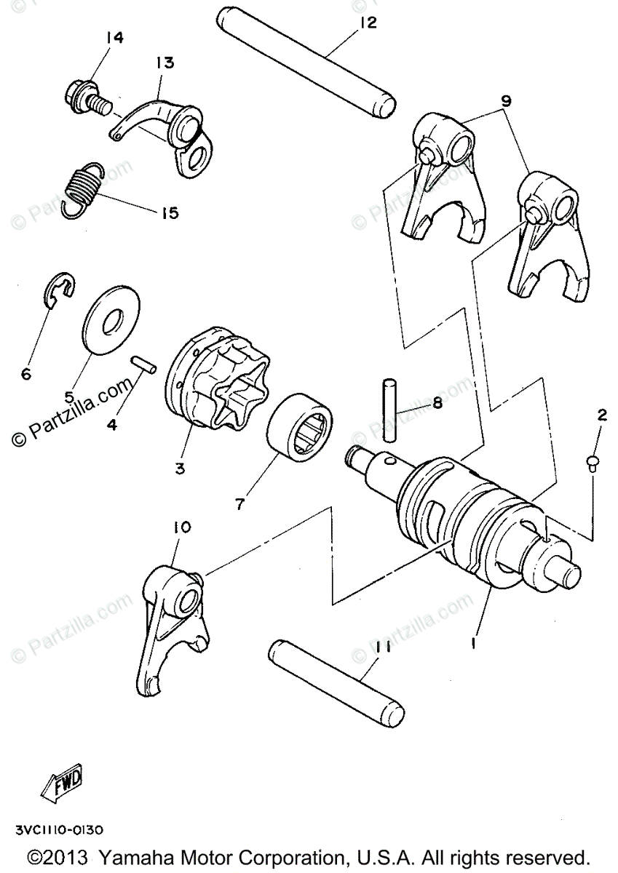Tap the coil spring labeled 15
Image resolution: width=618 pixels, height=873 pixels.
82,187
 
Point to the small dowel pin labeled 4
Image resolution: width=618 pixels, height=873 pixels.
146,366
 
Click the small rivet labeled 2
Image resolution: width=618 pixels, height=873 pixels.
592,463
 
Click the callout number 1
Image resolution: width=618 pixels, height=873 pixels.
474,643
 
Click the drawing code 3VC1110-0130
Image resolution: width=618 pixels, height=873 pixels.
58,829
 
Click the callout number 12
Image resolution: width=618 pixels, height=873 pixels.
367,23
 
